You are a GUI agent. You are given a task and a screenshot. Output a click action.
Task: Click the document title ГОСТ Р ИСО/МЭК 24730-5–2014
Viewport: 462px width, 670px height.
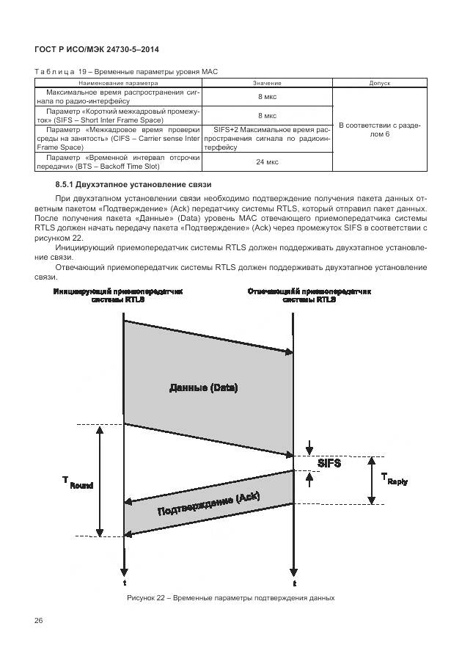tap(97, 49)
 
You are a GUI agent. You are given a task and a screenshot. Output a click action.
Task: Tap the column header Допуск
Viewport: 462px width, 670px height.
tap(379, 84)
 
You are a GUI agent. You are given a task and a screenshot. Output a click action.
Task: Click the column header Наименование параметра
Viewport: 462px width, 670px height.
tap(120, 84)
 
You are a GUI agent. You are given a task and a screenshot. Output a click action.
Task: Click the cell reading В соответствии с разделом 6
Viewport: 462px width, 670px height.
tap(379, 130)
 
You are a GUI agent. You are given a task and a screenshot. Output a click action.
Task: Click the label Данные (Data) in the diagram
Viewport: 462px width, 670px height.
tap(203, 387)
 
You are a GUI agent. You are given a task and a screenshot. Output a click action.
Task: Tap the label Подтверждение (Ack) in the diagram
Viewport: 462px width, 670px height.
tap(208, 504)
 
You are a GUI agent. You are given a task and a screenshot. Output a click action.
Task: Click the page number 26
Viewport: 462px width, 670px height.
tap(39, 621)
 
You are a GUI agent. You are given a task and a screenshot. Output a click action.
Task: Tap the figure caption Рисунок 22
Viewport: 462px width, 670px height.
tap(230, 597)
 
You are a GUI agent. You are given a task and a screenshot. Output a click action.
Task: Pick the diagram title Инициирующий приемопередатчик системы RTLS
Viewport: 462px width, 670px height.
tap(118, 295)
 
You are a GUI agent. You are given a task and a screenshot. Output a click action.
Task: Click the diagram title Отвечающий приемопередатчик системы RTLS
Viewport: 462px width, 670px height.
tap(309, 295)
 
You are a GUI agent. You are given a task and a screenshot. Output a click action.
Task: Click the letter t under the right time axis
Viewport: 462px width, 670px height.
tap(294, 583)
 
